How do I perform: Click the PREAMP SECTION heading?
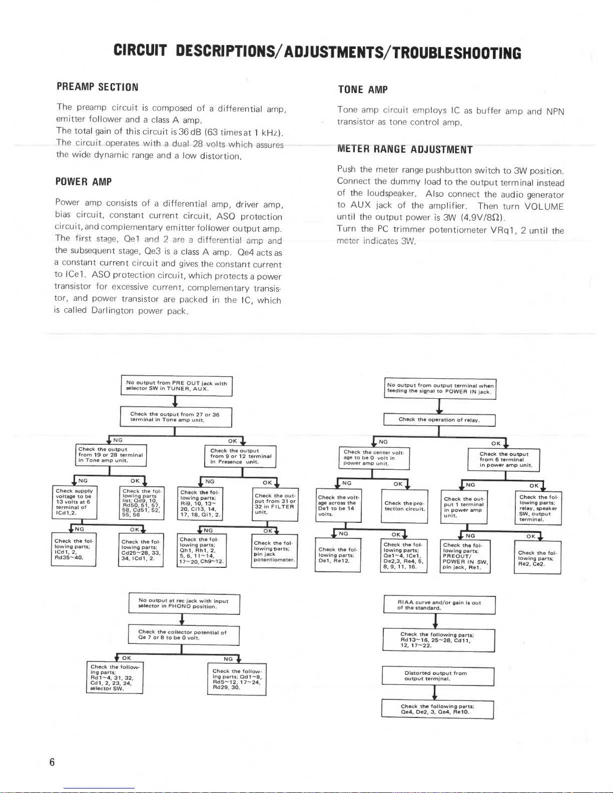click(97, 87)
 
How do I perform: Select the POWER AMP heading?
click(84, 182)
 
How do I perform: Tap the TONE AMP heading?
click(363, 90)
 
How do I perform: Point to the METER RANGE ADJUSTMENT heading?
click(405, 150)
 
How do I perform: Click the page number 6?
click(52, 762)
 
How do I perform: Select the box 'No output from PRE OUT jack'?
click(177, 386)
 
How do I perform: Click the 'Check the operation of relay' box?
click(439, 420)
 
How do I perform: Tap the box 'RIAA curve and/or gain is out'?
click(439, 605)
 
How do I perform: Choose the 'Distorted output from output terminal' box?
click(438, 676)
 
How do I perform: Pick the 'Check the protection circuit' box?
click(404, 506)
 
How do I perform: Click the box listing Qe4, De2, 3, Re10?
click(437, 709)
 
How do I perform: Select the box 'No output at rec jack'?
click(184, 604)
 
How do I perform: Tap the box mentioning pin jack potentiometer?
click(274, 551)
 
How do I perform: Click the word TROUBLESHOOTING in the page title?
click(457, 53)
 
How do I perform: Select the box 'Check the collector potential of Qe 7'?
click(184, 635)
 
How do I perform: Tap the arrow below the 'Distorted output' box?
click(434, 693)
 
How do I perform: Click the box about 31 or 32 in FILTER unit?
click(275, 504)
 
